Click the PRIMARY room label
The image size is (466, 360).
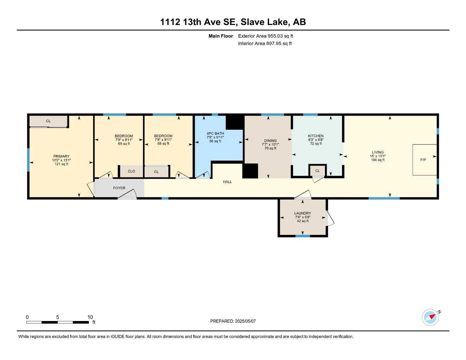[61, 156]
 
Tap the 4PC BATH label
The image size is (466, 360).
[215, 133]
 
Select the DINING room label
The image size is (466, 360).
[270, 141]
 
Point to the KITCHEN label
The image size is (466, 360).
[316, 136]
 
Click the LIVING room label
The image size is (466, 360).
[378, 152]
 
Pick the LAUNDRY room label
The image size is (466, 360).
[302, 213]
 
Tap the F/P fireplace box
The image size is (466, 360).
[424, 160]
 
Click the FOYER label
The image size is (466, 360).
[119, 188]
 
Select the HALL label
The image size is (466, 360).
[227, 182]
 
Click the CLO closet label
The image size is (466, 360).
[132, 171]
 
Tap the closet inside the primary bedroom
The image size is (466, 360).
[49, 121]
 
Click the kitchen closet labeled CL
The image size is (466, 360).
[317, 171]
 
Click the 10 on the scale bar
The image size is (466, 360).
[90, 317]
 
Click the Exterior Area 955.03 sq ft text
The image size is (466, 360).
[266, 36]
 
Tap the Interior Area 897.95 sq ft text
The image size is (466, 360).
[265, 44]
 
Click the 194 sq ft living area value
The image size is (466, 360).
[378, 160]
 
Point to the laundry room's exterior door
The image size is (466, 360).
[330, 218]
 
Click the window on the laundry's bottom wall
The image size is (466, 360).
[302, 236]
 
